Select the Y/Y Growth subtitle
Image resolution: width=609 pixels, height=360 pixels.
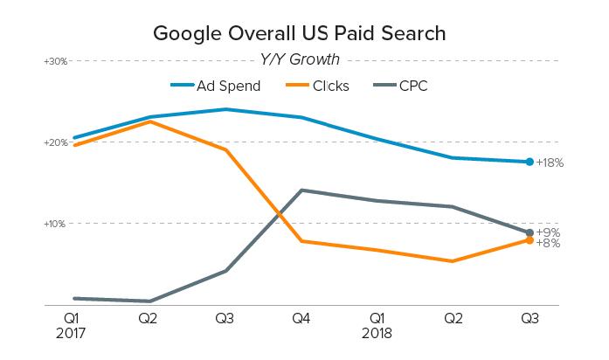pos(300,60)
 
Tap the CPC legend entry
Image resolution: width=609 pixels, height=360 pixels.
pos(413,87)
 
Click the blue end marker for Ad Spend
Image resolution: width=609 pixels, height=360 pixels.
pos(529,162)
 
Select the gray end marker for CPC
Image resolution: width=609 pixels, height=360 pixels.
pos(529,232)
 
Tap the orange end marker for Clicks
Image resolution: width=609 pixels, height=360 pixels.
pos(529,240)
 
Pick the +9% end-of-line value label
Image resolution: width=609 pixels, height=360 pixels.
pos(548,232)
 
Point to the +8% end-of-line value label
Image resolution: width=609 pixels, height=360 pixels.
pos(548,243)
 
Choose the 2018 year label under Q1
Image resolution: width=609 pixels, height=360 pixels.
pos(377,334)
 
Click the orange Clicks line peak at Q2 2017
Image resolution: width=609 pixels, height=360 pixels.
pos(149,121)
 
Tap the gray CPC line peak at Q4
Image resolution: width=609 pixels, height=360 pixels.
pos(301,190)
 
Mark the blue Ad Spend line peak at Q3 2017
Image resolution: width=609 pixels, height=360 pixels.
pos(225,109)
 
